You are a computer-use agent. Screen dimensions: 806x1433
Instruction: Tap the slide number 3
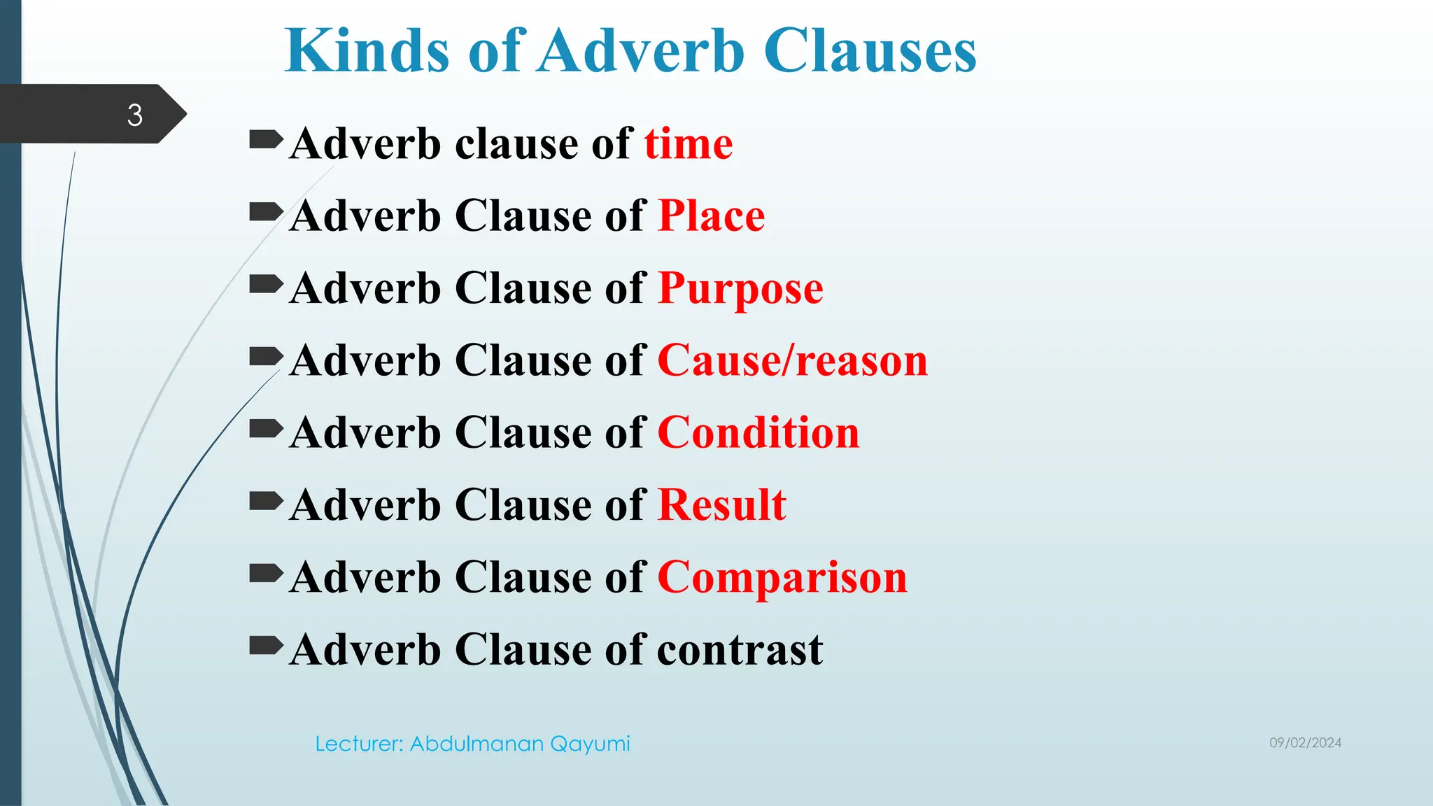pos(134,115)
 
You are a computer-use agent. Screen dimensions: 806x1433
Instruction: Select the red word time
pos(689,144)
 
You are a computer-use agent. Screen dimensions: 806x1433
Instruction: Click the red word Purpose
pos(740,288)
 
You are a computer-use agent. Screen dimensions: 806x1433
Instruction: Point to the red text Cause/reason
pos(792,361)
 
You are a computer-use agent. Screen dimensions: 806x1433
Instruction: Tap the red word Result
pos(721,505)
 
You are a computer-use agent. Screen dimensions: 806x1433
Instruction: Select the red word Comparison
pos(782,578)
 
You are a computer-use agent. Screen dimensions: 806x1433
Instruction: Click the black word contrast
pos(740,650)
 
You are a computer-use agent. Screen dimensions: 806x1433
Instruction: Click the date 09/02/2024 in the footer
pos(1305,743)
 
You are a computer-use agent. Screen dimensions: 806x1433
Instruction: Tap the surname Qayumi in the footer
pos(590,744)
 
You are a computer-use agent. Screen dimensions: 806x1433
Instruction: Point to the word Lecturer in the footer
pos(358,744)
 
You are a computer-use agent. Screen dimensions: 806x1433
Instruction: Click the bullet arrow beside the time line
pos(266,139)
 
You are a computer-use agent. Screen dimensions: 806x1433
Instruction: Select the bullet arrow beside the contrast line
pos(266,645)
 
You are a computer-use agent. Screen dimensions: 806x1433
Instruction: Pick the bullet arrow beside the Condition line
pos(266,428)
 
